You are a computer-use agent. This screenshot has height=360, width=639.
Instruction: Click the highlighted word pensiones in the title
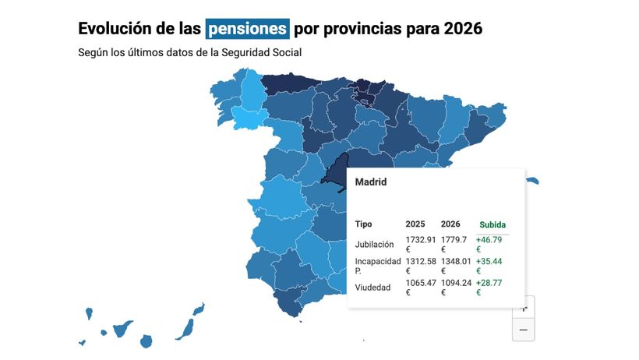(247, 29)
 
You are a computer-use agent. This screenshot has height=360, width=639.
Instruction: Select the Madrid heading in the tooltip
(371, 182)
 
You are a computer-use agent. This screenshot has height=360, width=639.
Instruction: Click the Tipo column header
(363, 224)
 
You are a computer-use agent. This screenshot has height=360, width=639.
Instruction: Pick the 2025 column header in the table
(415, 224)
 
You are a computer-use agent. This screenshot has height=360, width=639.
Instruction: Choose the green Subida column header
(492, 224)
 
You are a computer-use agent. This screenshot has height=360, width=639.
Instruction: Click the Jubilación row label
(375, 244)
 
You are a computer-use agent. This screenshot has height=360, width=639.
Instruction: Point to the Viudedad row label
(372, 288)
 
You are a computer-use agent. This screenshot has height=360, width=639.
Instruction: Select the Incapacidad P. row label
(378, 266)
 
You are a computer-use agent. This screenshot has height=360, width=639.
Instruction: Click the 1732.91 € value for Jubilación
(420, 244)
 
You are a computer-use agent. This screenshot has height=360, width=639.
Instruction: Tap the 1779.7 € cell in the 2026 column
(454, 244)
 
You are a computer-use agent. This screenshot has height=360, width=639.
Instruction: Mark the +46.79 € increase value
(490, 244)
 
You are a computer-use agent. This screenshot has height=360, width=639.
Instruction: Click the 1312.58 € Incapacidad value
(420, 266)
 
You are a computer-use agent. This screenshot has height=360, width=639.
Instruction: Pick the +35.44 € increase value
(490, 266)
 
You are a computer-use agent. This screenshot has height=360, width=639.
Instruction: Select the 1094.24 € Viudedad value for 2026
(457, 288)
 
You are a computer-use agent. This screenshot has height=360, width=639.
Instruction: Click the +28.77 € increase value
(490, 288)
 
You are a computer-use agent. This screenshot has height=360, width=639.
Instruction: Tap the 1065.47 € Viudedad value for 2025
(420, 288)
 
